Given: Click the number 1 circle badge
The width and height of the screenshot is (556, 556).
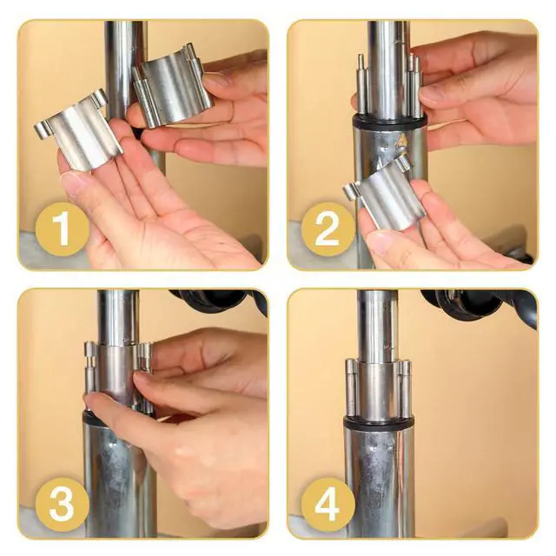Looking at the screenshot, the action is [62, 228].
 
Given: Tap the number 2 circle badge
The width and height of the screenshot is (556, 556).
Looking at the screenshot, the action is [328, 229].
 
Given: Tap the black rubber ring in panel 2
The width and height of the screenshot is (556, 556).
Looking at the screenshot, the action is [389, 122].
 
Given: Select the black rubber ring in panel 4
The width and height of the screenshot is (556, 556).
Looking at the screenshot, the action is [379, 423].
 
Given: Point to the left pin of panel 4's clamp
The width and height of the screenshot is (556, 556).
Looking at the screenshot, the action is [351, 388].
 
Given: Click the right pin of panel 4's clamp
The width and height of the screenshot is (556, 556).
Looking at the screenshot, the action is [406, 388].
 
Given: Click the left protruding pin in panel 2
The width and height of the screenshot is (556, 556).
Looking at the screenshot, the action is [361, 85].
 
